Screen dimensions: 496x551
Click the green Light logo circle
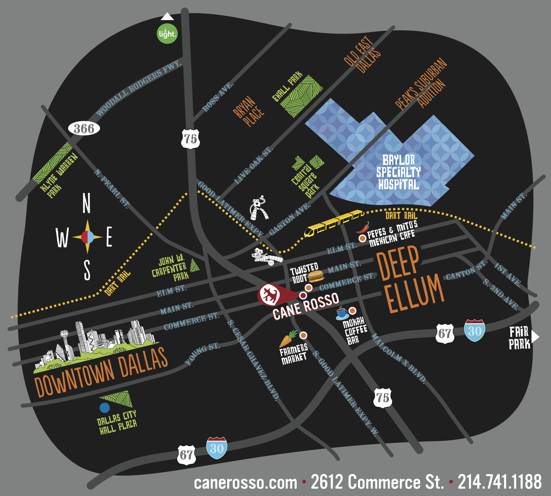(x=167, y=33)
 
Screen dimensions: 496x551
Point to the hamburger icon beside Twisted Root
(x=316, y=276)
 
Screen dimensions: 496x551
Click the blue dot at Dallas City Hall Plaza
(x=104, y=408)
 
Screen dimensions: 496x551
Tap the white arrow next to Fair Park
(x=535, y=337)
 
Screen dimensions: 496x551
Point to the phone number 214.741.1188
(x=499, y=482)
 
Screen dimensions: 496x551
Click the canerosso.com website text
(x=246, y=482)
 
